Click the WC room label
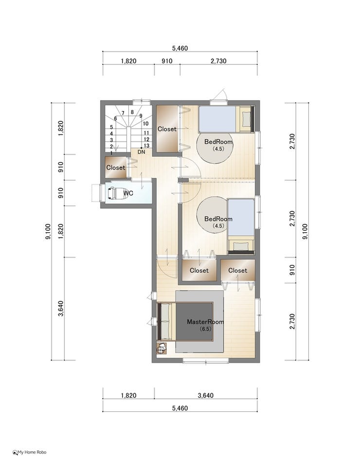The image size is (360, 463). pyautogui.click(x=128, y=193)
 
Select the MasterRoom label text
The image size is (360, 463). pyautogui.click(x=205, y=322)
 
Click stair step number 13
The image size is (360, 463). pyautogui.click(x=146, y=146)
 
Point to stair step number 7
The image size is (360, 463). pyautogui.click(x=123, y=113)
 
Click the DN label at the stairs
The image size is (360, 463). pyautogui.click(x=142, y=152)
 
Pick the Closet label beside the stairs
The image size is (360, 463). pyautogui.click(x=116, y=167)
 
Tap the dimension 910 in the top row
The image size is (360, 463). pyautogui.click(x=167, y=61)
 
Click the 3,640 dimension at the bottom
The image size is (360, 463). pyautogui.click(x=206, y=395)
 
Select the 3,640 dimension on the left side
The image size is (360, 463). pyautogui.click(x=61, y=308)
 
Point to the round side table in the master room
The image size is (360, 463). pyautogui.click(x=162, y=349)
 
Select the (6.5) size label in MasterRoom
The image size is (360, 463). pyautogui.click(x=205, y=329)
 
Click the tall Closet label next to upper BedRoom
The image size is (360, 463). pyautogui.click(x=167, y=129)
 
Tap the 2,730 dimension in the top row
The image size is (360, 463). pyautogui.click(x=218, y=61)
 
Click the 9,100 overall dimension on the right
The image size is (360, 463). pyautogui.click(x=305, y=232)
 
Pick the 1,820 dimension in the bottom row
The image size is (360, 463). pyautogui.click(x=128, y=395)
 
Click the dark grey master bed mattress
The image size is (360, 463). pyautogui.click(x=194, y=321)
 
